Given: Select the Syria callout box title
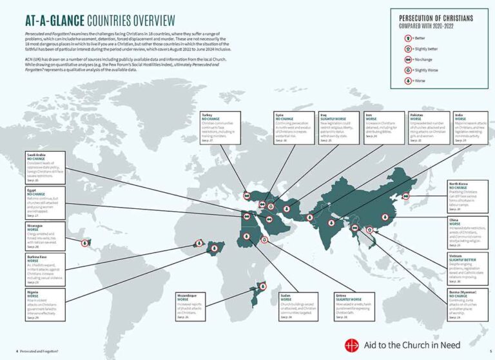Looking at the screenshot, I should (280, 114).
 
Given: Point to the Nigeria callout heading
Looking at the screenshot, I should (34, 292).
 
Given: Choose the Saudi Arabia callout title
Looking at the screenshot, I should (37, 155).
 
